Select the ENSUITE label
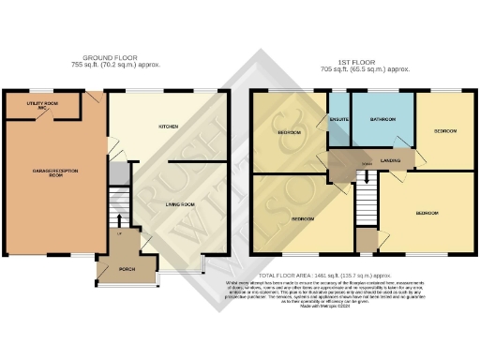(338, 118)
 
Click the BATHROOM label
(382, 120)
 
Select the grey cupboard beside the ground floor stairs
(116, 173)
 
